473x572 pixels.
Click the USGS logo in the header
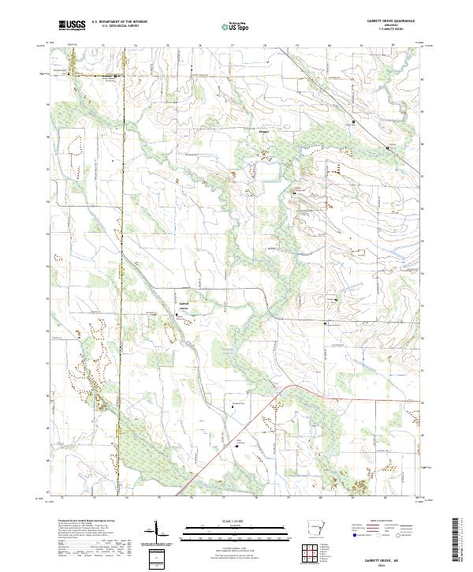coord(72,25)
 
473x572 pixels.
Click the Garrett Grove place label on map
coord(183,305)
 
